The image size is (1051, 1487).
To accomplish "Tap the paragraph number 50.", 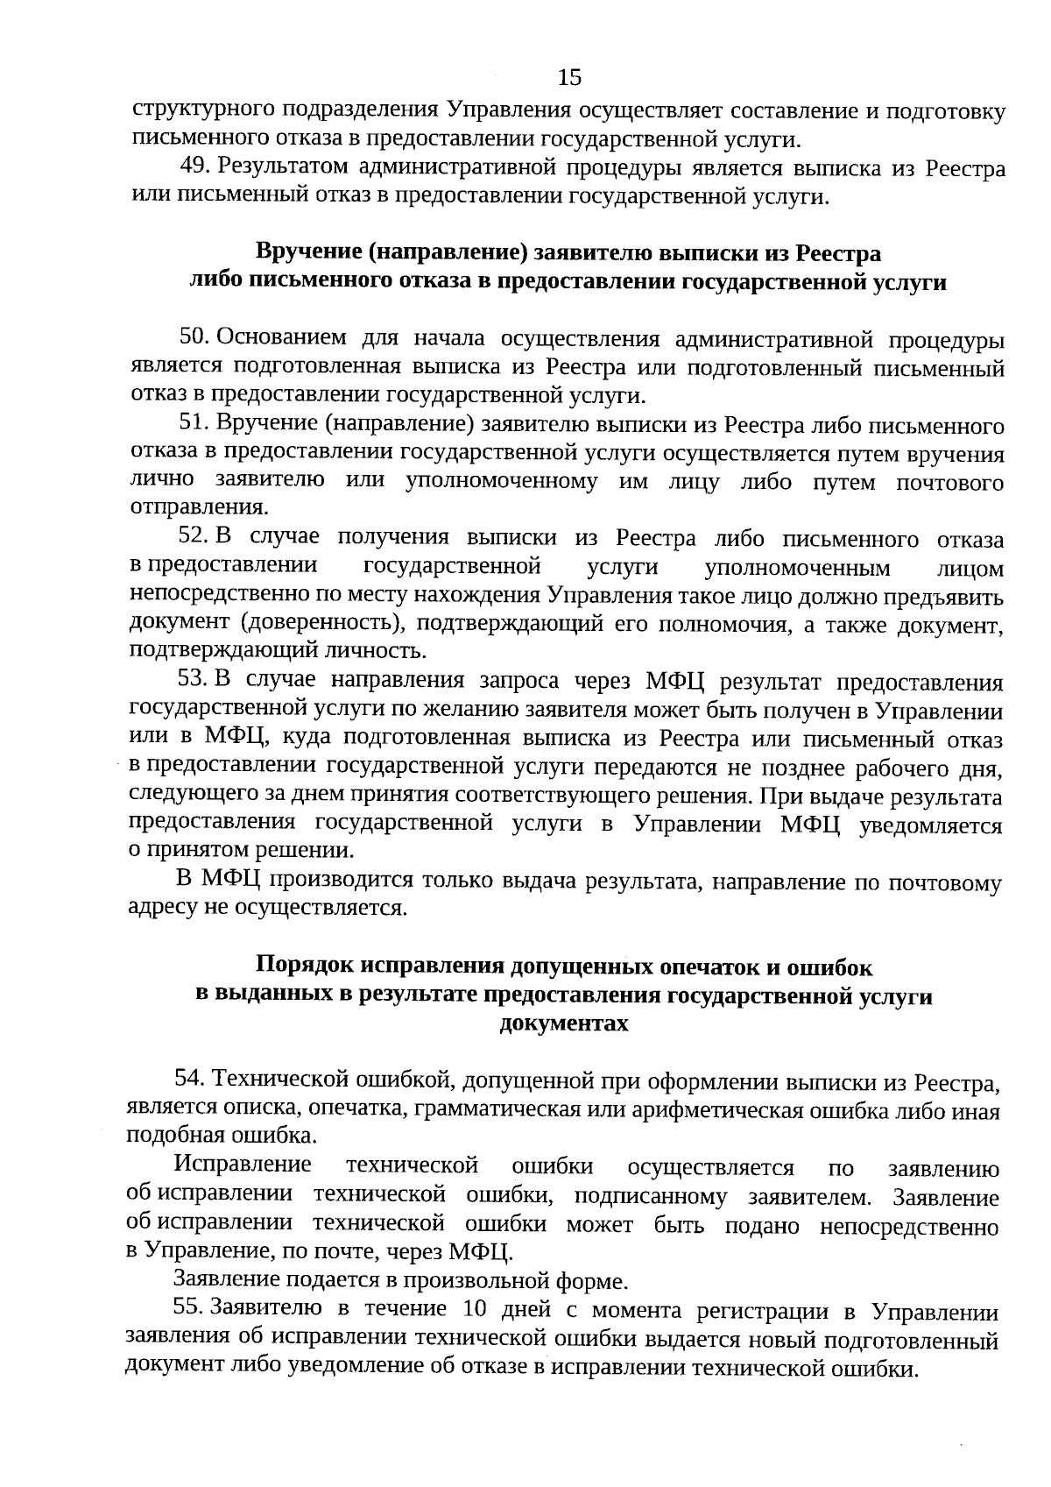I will click(192, 337).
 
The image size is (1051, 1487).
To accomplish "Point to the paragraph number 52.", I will click(192, 535).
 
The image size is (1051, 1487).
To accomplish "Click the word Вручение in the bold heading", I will click(307, 252).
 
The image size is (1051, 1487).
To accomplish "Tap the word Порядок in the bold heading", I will click(306, 966).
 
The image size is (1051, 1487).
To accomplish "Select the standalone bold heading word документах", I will click(564, 1023).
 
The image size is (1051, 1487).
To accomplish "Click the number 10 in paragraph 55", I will click(462, 1309).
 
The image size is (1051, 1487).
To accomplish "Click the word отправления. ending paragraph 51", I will click(200, 507).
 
